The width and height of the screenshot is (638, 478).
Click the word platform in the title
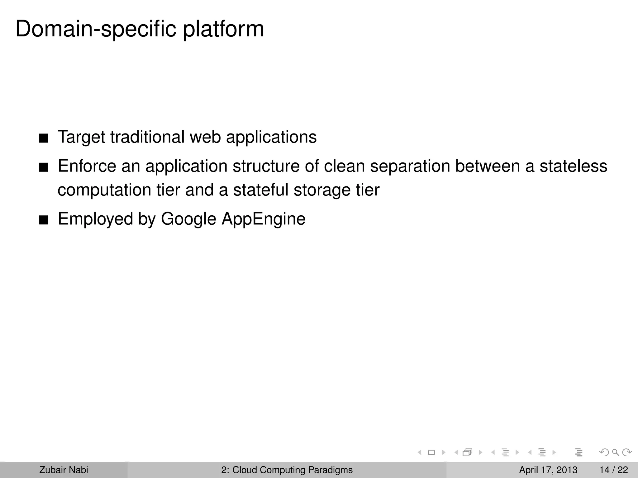(223, 29)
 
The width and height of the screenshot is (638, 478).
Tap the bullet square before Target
(44, 138)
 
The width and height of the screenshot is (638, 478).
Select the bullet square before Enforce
(44, 167)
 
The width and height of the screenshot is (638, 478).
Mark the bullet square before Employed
(44, 220)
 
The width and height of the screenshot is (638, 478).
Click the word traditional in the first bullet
(147, 137)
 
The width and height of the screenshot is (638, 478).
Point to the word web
(205, 137)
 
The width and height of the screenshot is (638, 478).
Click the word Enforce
(87, 166)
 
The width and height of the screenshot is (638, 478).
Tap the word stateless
(573, 166)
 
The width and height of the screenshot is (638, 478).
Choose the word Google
(188, 219)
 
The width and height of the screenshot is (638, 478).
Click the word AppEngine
(264, 219)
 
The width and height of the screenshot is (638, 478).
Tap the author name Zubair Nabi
(64, 470)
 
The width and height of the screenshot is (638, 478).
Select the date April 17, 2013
(548, 470)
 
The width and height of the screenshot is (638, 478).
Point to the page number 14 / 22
(613, 470)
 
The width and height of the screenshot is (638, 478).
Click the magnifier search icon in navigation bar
(615, 452)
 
